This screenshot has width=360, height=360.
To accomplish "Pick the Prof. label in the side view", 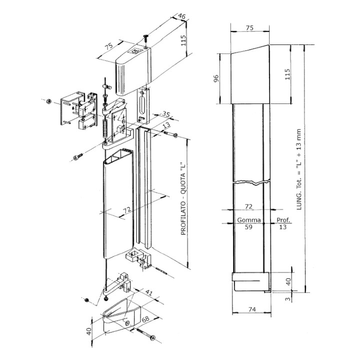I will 282,220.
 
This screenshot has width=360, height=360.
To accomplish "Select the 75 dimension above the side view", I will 250,28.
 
